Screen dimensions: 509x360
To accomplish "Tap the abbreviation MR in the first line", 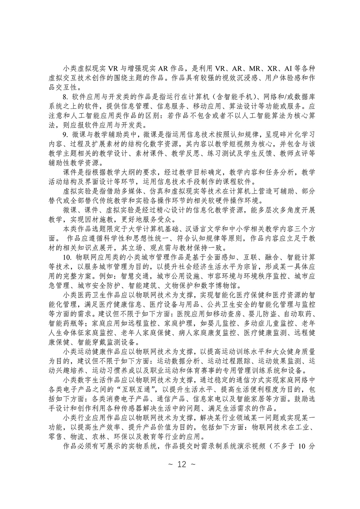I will (256, 69).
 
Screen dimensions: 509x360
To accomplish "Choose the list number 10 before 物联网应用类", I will (66, 258).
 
